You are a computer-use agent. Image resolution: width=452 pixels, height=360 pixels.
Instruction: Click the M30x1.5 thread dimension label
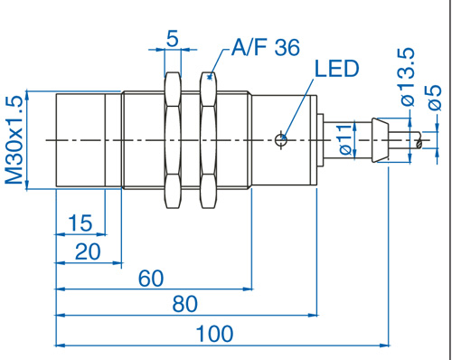[x=14, y=140]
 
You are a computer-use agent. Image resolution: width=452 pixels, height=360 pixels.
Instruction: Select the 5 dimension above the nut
[x=173, y=39]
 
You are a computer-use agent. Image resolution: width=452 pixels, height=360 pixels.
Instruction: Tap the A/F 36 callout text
[x=266, y=47]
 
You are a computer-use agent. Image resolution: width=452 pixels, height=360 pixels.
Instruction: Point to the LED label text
[x=337, y=69]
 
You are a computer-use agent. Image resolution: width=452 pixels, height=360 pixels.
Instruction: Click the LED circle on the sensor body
[x=281, y=139]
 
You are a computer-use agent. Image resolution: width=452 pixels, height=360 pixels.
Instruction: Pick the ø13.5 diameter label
[x=408, y=77]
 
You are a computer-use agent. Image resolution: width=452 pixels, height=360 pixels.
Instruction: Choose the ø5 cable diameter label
[x=434, y=97]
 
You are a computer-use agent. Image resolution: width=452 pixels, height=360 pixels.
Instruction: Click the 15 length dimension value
[x=80, y=223]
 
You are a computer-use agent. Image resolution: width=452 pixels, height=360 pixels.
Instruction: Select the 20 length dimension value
[x=88, y=251]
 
